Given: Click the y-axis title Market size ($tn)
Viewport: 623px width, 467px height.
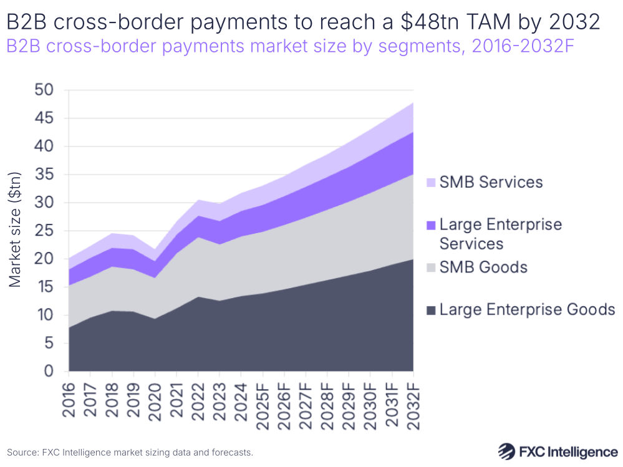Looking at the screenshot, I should pos(16,231).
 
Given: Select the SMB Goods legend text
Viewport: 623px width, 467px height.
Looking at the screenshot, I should pos(483,267).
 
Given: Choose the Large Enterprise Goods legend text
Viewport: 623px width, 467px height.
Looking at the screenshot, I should pos(528,309).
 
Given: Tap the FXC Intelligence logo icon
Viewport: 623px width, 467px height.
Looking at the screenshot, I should pos(507,451).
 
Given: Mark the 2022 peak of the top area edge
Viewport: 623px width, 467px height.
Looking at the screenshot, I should pos(198,200).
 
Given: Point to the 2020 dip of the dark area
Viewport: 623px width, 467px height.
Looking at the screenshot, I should pos(155,319).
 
